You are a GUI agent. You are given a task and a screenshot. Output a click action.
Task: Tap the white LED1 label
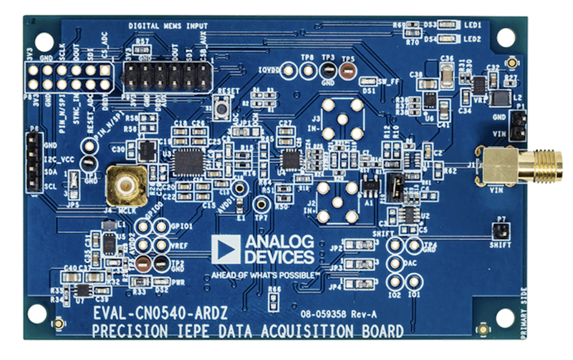click(x=471, y=24)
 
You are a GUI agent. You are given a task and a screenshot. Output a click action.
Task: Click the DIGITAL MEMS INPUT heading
click(x=170, y=26)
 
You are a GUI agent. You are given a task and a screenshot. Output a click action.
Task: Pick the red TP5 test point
click(x=349, y=70)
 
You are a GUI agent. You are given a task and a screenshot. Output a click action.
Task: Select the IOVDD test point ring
click(x=289, y=70)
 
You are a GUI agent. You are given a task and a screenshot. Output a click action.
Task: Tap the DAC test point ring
click(x=394, y=263)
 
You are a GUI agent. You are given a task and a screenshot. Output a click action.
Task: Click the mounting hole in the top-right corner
click(x=506, y=37)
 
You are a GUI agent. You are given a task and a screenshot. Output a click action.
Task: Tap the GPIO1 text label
click(x=180, y=225)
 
